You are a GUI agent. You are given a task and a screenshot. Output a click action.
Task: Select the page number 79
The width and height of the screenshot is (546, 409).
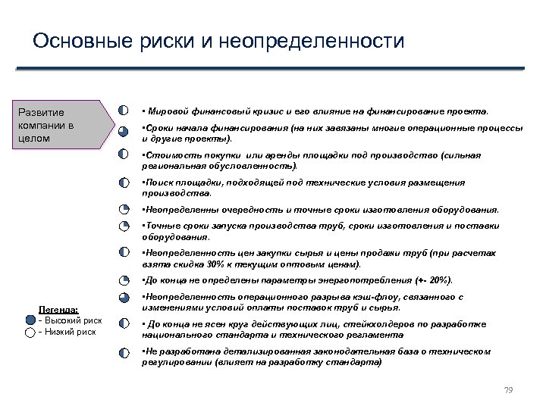point(508,390)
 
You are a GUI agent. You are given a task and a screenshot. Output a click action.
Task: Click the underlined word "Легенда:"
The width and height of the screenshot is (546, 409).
point(58,310)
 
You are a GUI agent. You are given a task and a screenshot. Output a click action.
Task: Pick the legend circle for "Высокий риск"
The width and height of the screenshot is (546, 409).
point(20,320)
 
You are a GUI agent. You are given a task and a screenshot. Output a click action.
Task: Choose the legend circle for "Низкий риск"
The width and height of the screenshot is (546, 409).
point(20,332)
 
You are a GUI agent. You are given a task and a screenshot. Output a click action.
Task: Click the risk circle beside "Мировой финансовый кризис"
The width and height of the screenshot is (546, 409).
point(124,109)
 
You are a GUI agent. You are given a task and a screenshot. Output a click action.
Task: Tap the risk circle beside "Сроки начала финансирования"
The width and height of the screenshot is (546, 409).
point(124,130)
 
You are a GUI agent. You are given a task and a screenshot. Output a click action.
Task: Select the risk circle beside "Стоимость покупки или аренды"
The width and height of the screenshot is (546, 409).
point(124,155)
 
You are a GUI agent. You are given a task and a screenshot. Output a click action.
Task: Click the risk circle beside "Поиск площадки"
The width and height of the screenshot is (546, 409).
point(124,183)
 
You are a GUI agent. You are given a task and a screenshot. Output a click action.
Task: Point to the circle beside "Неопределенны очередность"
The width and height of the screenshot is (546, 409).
point(124,210)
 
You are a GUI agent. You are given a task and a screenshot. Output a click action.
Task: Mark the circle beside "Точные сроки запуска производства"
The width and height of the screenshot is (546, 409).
point(124,226)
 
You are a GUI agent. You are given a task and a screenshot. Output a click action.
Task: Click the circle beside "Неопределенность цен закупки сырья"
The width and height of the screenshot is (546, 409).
point(124,253)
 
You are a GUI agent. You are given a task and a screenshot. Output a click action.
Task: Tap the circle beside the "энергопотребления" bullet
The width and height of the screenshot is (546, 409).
point(124,280)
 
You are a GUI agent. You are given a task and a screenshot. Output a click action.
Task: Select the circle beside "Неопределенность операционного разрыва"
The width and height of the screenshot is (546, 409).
point(124,298)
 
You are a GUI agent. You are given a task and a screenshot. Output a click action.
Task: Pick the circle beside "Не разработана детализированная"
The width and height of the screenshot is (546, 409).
point(124,352)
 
